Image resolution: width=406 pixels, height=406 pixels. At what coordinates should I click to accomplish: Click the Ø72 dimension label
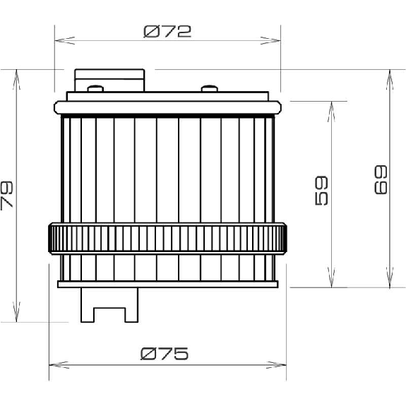[x=167, y=31]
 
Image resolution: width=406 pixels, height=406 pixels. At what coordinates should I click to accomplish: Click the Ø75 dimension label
[x=165, y=354]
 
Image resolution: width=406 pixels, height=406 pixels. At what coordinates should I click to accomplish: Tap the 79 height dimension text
[x=7, y=196]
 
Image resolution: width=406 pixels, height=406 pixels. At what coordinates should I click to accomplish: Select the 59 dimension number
[x=321, y=191]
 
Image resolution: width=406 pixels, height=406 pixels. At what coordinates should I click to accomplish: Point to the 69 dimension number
[x=381, y=179]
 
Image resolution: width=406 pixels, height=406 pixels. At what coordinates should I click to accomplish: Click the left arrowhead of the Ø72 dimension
[x=65, y=40]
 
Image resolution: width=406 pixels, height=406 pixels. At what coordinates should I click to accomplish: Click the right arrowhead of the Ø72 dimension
[x=270, y=40]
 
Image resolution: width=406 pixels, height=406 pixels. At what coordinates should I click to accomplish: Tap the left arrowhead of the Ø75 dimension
[x=59, y=365]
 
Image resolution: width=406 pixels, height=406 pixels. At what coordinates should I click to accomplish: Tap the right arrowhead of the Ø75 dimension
[x=276, y=365]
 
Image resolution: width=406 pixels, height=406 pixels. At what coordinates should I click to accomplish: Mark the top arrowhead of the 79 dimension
[x=16, y=80]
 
